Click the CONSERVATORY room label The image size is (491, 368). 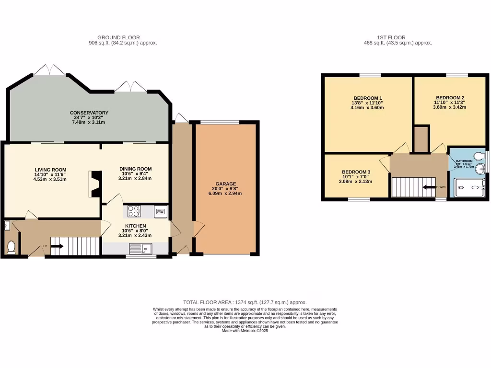click(x=89, y=113)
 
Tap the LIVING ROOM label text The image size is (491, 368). click(x=50, y=170)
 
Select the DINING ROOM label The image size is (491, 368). click(x=135, y=169)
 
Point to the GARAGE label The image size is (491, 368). click(x=225, y=184)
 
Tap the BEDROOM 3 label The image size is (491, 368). click(x=356, y=172)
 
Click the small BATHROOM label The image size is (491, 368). click(x=464, y=161)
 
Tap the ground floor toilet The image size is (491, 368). click(x=12, y=246)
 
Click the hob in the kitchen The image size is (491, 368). click(x=134, y=211)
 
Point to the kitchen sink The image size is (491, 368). click(x=142, y=248)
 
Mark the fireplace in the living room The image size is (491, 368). click(x=94, y=184)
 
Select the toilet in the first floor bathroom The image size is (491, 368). click(x=478, y=156)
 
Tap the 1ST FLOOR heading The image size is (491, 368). click(x=391, y=37)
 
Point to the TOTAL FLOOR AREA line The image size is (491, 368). click(x=245, y=302)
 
